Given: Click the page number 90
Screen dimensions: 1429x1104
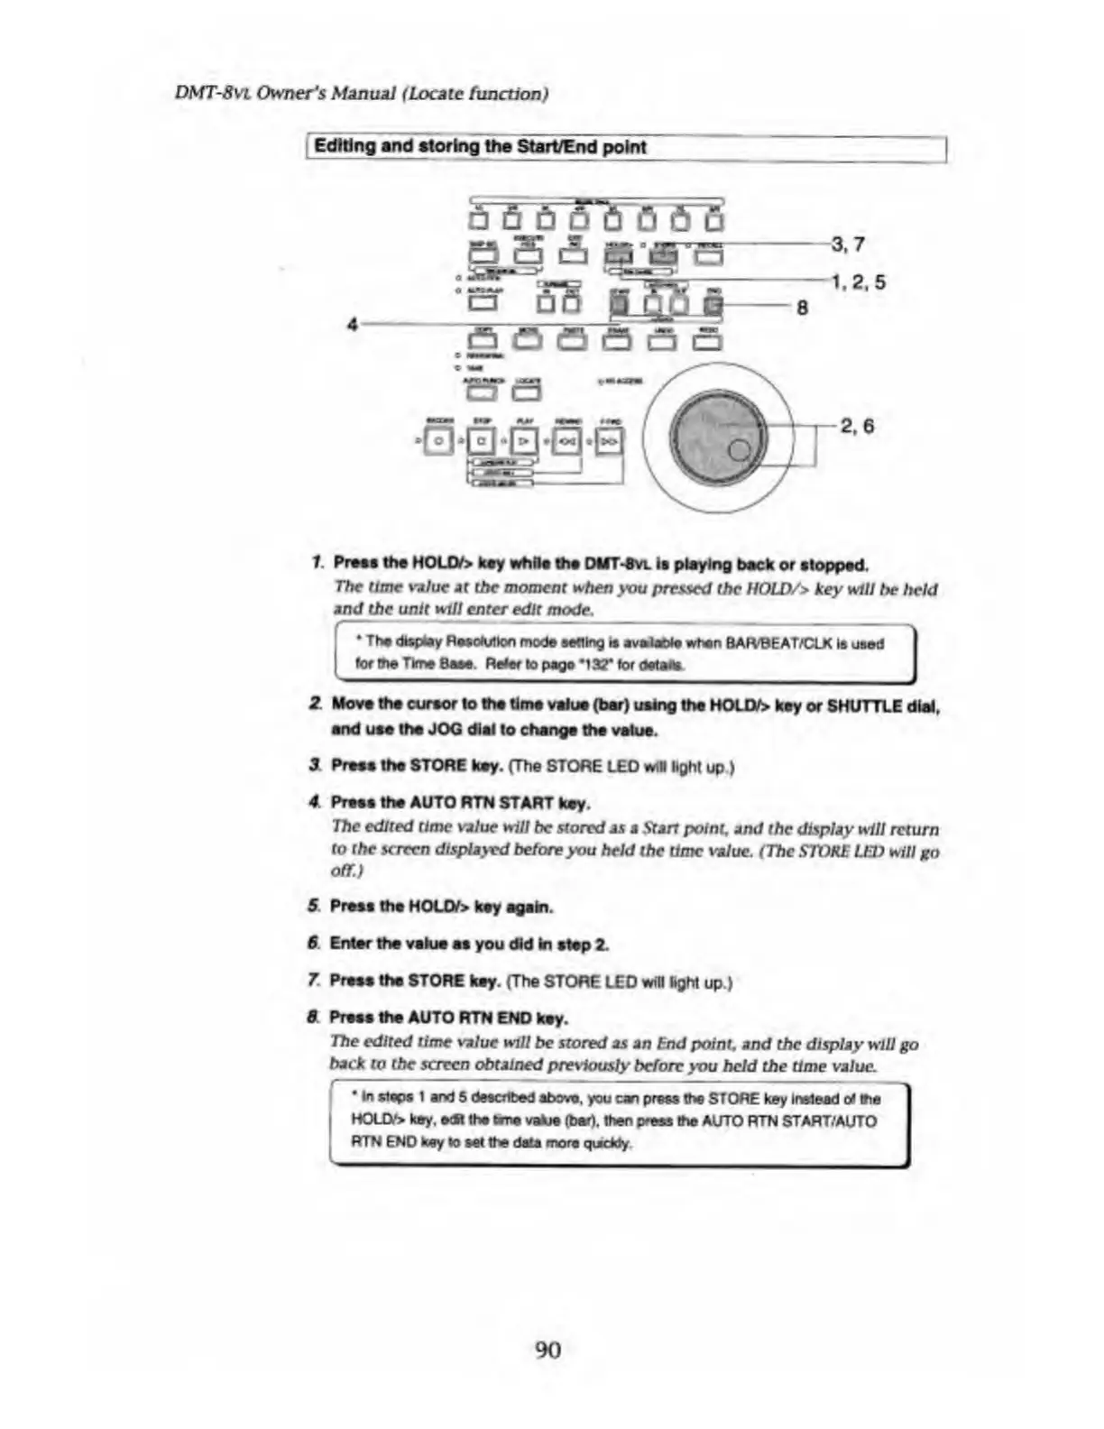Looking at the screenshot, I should click(547, 1349).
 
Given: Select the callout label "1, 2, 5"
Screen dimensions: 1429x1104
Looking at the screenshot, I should click(858, 282).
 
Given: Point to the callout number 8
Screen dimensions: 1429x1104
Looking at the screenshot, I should click(802, 308).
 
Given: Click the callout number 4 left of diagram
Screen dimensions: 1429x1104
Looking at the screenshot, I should click(353, 324).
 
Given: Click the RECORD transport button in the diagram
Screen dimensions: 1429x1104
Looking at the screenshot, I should click(438, 441).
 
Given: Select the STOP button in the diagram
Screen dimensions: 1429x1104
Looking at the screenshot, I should click(483, 441).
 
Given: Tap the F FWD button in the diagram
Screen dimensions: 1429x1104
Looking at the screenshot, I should click(610, 441).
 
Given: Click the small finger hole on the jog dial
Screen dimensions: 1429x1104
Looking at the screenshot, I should click(740, 450).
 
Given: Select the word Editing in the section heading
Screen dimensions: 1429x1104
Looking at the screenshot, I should click(344, 146).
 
